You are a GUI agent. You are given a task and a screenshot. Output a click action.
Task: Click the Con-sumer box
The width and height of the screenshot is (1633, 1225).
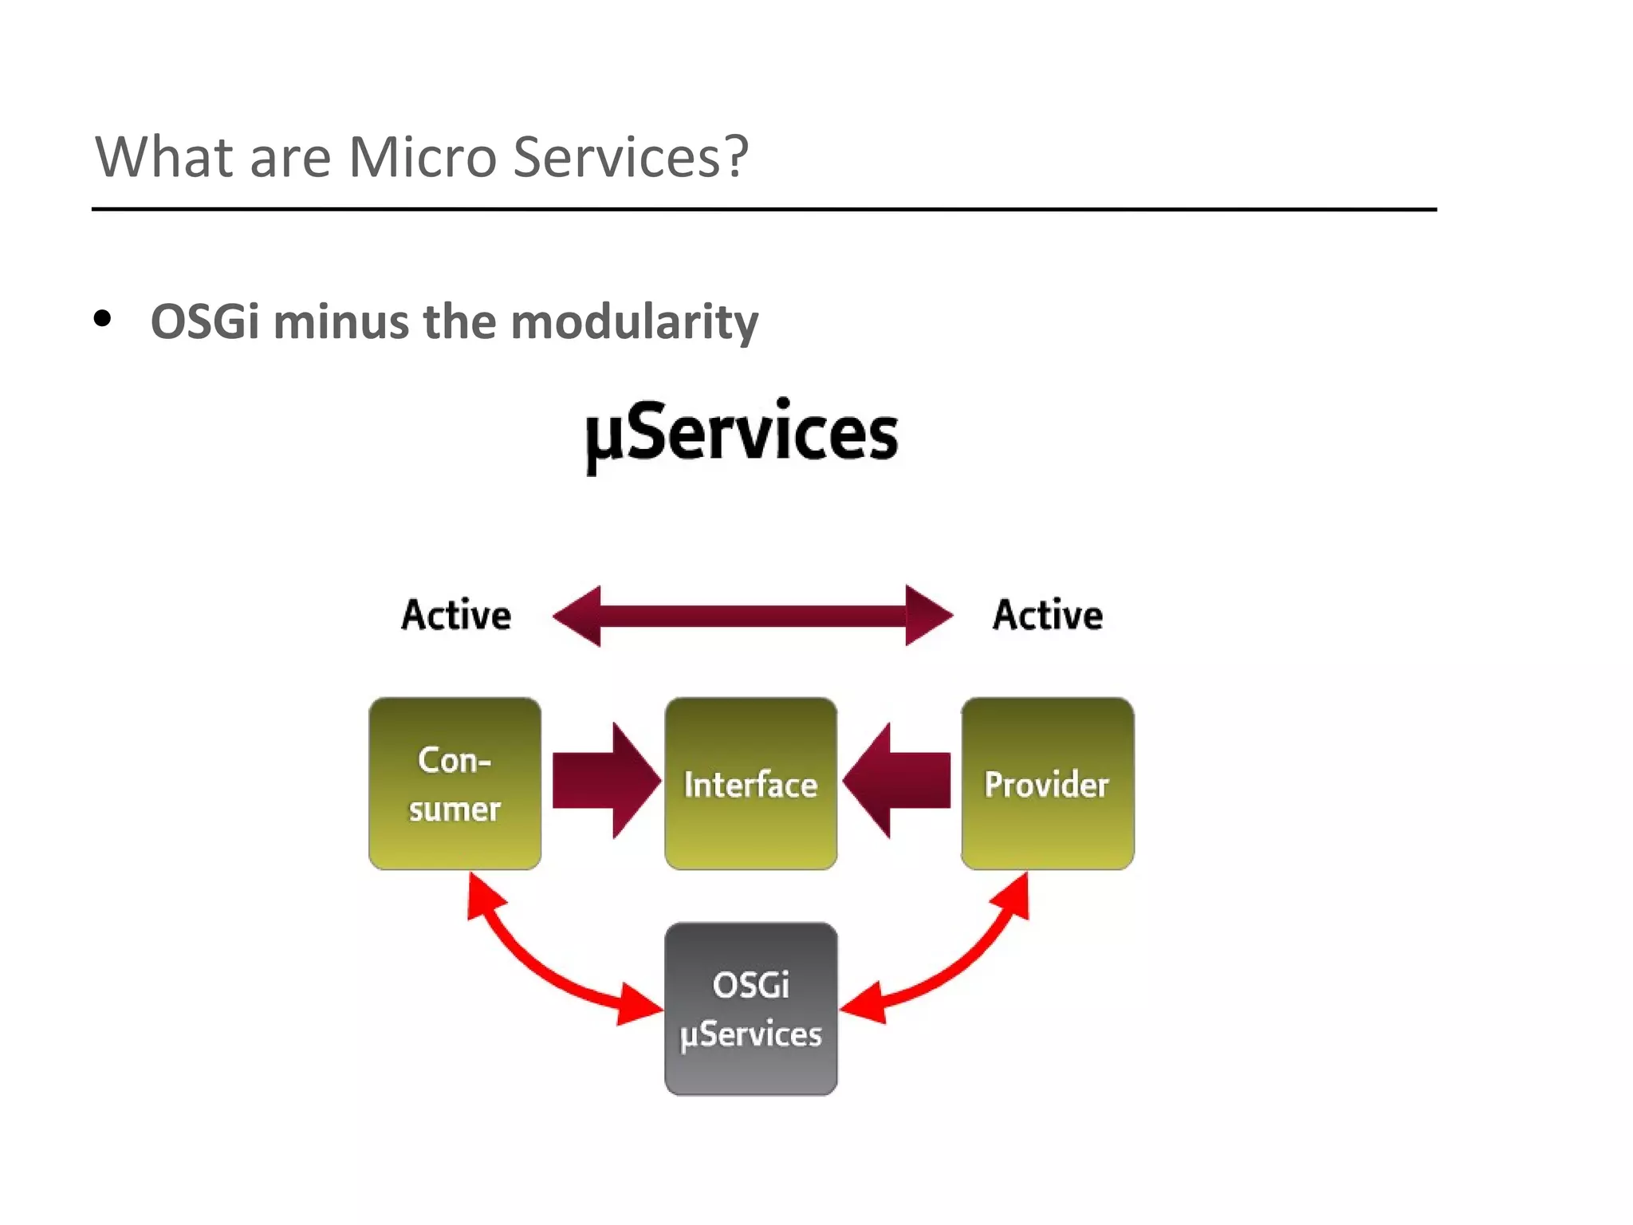[x=454, y=783]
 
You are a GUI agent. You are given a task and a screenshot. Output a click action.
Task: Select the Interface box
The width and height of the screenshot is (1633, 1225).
[x=750, y=783]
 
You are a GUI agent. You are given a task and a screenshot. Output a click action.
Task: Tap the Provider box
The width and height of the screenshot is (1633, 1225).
[x=1047, y=783]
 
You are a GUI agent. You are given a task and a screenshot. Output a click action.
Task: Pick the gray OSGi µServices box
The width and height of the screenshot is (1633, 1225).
[x=750, y=1009]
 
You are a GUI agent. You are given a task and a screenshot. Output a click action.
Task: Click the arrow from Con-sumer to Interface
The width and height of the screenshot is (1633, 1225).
[x=604, y=780]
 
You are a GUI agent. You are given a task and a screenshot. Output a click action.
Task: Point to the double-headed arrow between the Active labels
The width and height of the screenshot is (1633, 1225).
[x=753, y=616]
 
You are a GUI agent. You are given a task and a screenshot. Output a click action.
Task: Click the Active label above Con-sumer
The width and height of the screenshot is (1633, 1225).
[x=456, y=616]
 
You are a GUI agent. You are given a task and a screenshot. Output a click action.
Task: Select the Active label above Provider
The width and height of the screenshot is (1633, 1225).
[x=1048, y=616]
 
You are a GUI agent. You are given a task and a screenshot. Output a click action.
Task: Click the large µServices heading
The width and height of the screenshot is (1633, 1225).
[x=742, y=435]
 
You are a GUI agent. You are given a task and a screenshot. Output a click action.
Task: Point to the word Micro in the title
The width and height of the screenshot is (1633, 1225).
[x=423, y=157]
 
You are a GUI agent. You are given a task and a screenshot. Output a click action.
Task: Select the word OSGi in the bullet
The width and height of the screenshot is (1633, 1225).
[x=205, y=322]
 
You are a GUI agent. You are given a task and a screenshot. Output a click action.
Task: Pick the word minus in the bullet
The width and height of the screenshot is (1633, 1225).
[x=341, y=322]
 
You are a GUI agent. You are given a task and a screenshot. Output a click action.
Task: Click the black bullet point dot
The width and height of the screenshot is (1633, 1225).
[x=102, y=319]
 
